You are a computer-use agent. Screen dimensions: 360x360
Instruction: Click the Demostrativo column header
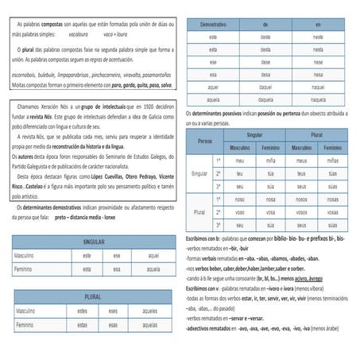[x=213, y=25]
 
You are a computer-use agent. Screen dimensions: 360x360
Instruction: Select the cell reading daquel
[x=265, y=87]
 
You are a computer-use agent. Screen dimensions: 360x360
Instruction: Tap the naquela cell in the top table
[x=318, y=99]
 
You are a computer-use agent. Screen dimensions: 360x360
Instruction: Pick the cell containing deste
[x=265, y=37]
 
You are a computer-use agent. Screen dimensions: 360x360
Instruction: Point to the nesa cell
[x=318, y=75]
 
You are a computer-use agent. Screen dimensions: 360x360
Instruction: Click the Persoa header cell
[x=205, y=141]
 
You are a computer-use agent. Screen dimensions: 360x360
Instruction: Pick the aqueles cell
[x=149, y=311]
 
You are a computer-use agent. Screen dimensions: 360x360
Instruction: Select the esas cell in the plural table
[x=116, y=324]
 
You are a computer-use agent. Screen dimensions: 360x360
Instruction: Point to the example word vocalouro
[x=73, y=36]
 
